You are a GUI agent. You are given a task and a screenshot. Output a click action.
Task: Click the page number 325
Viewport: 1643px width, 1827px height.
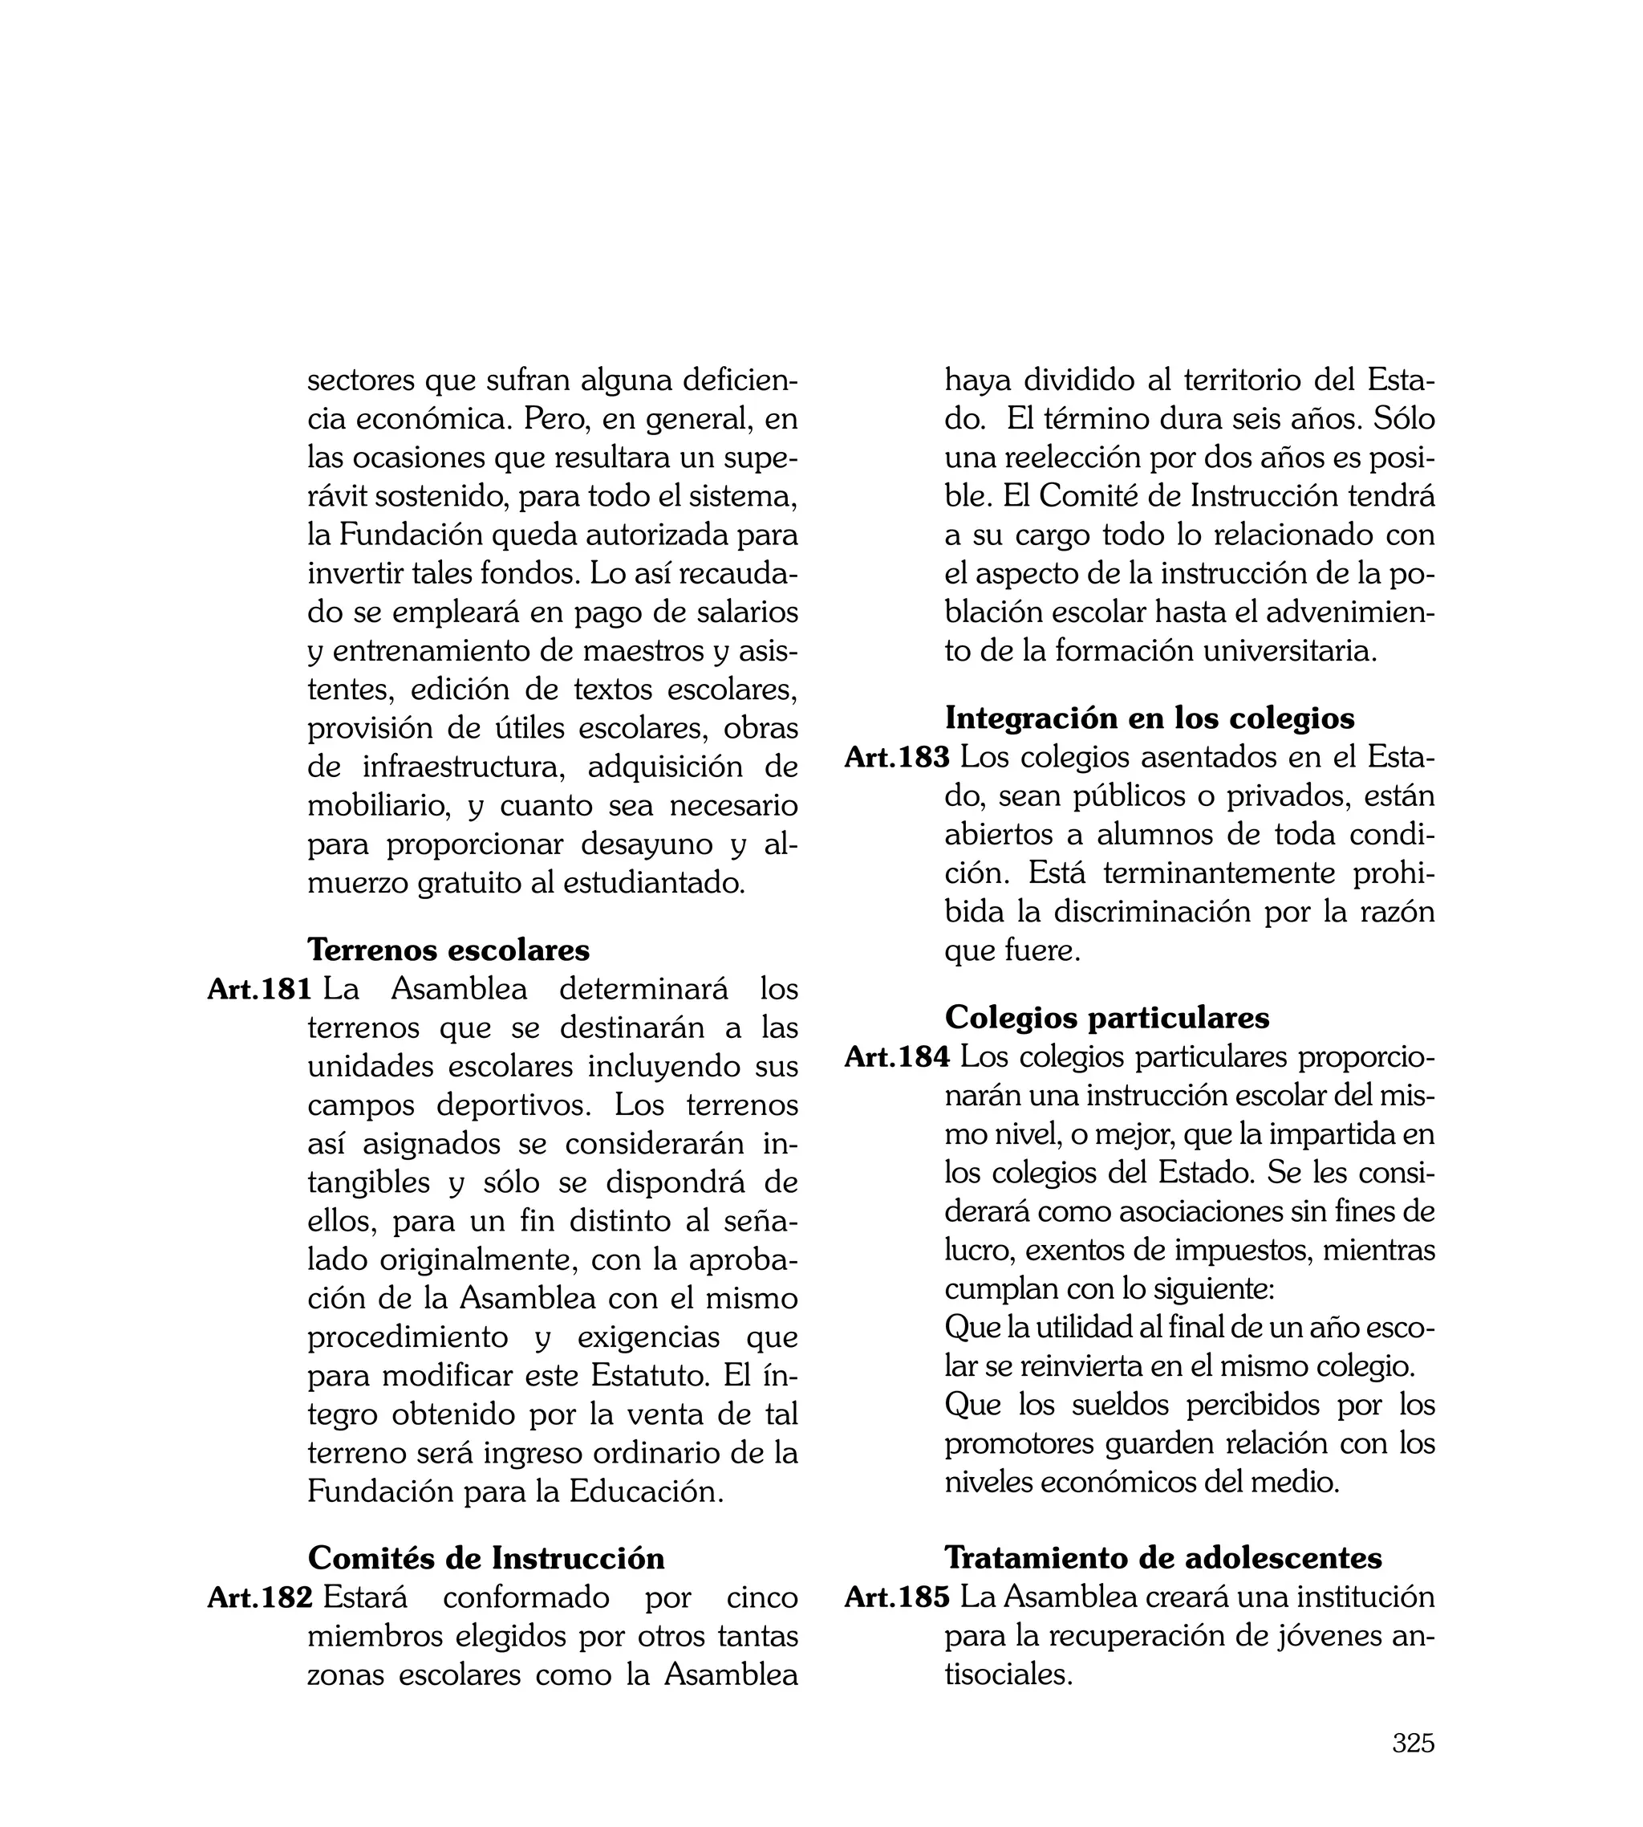(1413, 1742)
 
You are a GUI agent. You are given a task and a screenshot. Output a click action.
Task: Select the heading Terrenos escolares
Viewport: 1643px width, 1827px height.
(448, 949)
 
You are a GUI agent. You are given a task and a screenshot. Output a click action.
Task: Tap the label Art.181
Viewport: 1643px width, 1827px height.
(259, 989)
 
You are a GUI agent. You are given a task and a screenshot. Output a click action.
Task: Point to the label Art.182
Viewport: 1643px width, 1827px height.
(260, 1597)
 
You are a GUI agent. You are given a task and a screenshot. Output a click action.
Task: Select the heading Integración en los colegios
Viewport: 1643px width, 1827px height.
(1149, 717)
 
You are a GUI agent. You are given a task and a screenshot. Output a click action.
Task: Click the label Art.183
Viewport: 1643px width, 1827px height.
(896, 757)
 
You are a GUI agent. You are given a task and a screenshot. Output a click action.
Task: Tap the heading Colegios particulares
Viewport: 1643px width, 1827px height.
(1107, 1017)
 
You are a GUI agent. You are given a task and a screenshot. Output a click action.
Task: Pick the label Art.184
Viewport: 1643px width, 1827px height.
(896, 1056)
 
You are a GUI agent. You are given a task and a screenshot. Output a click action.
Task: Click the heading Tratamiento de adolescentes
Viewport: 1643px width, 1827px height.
(1162, 1558)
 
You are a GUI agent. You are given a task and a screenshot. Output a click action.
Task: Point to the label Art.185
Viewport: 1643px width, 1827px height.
(896, 1597)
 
